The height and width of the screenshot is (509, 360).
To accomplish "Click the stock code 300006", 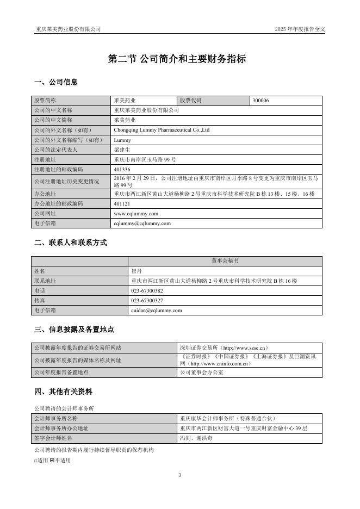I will coord(261,101).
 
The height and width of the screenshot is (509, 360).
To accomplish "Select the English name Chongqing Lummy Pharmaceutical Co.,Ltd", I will coord(162,130).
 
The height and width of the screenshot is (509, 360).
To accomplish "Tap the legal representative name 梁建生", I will coord(122,150).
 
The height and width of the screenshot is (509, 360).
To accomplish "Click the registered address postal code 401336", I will coord(122,169).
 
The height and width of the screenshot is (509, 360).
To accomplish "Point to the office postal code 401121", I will coord(122,203).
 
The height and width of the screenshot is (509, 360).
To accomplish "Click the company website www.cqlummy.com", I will coord(136,213).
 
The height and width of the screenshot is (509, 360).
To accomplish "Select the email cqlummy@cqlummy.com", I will coord(142,223).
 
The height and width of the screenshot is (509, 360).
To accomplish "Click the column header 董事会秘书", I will coord(225,261).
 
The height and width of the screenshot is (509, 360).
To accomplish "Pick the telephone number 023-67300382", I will coord(147,290).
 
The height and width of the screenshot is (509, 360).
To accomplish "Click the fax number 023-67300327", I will coord(147,300).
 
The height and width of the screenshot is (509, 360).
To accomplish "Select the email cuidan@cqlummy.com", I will coord(157,310).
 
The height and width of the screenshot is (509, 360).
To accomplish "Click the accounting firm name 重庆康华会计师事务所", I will coord(228,418).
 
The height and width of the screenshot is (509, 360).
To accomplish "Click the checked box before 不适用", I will coord(52,461).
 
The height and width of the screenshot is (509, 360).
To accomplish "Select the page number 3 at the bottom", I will coord(179,475).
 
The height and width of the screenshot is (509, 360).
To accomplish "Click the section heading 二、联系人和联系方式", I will coord(70,243).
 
